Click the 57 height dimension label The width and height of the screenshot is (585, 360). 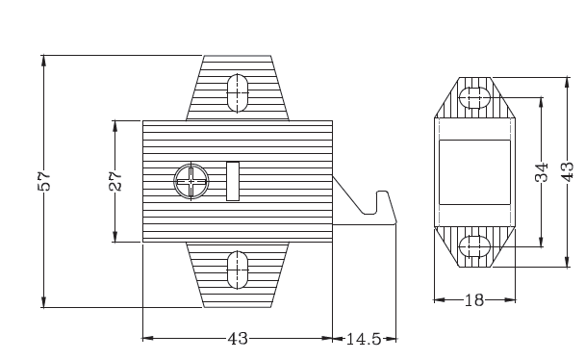(x=44, y=181)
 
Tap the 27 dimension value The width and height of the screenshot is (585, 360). (x=115, y=181)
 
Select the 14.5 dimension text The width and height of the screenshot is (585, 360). (x=364, y=339)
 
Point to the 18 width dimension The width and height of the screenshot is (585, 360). (x=474, y=300)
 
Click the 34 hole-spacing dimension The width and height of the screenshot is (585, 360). (x=542, y=172)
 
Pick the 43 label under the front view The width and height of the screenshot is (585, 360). (x=238, y=339)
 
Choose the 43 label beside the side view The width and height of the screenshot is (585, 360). (x=568, y=171)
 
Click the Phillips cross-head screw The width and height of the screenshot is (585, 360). (x=191, y=181)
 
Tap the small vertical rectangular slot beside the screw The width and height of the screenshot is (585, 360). (x=233, y=181)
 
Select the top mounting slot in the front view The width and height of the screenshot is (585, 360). (x=238, y=93)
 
